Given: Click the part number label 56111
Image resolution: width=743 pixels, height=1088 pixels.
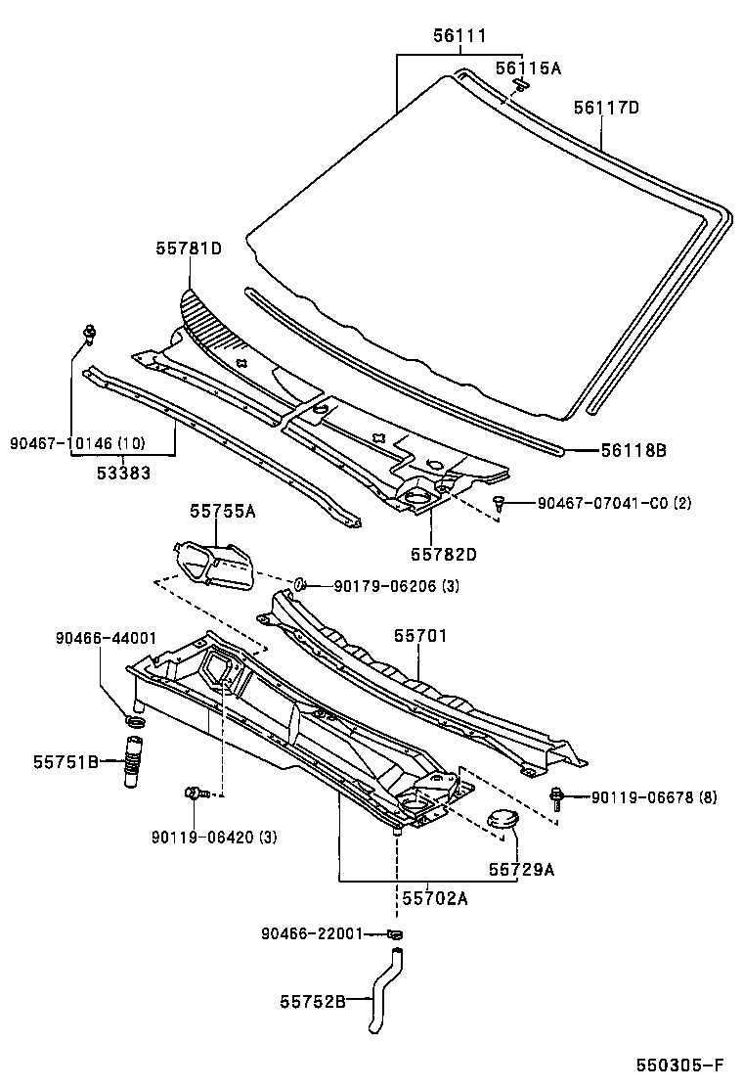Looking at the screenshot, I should click(x=459, y=37).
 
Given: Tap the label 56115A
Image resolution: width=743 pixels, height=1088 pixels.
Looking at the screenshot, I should click(x=527, y=68).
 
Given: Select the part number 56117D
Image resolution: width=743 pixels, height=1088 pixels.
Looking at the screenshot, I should click(x=605, y=108).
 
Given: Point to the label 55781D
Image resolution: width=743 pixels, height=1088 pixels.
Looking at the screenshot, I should click(x=188, y=249).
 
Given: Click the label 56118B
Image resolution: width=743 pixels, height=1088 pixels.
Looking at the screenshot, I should click(x=633, y=450).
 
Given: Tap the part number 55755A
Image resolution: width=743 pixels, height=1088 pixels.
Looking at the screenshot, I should click(x=224, y=511).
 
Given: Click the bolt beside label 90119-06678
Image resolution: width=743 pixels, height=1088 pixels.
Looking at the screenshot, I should click(x=558, y=797).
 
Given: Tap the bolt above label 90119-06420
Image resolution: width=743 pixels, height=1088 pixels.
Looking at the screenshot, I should click(x=195, y=793).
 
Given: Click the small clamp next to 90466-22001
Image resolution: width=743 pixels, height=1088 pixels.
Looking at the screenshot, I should click(x=395, y=933).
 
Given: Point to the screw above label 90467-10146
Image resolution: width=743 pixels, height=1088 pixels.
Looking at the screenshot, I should click(x=90, y=334).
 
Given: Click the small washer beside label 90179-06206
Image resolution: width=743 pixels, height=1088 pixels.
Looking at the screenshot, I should click(x=303, y=585).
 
